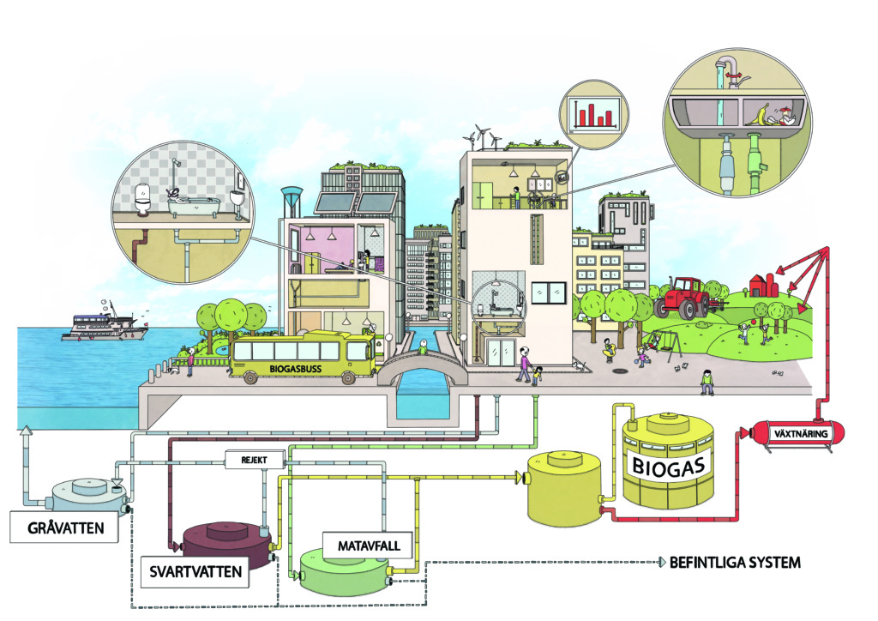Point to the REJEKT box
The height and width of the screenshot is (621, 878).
click(255, 461)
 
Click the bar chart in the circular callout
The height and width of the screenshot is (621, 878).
click(593, 113)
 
